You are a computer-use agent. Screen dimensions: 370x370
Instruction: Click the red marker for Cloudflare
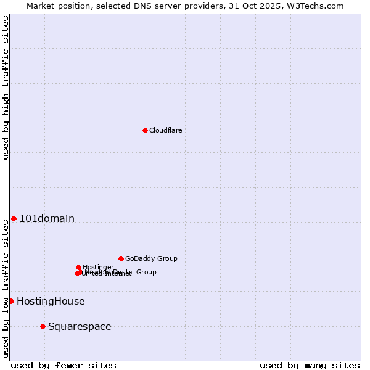point(145,130)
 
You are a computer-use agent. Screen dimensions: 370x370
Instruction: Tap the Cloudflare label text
point(165,130)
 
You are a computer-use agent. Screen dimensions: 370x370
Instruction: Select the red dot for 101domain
point(14,218)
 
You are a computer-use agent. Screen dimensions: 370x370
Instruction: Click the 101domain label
point(47,218)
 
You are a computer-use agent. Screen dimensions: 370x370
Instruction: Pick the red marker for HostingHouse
point(11,301)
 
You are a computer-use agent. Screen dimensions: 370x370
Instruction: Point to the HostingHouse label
point(51,302)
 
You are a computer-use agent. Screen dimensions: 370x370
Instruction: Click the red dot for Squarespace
point(43,326)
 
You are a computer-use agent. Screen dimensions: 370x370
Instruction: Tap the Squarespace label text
point(80,327)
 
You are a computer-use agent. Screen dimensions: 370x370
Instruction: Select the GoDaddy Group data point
point(121,258)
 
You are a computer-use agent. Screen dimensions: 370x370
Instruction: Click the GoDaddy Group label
point(151,259)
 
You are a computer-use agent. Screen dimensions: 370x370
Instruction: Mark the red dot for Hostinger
point(78,267)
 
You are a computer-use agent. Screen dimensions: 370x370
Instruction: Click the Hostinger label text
point(98,267)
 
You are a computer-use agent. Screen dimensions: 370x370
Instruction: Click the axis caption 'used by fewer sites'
point(64,365)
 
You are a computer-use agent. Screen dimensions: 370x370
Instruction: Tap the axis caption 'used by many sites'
point(310,365)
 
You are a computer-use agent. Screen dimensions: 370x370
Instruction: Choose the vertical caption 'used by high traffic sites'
point(6,88)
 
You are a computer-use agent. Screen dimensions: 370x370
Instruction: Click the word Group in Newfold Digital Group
point(146,272)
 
